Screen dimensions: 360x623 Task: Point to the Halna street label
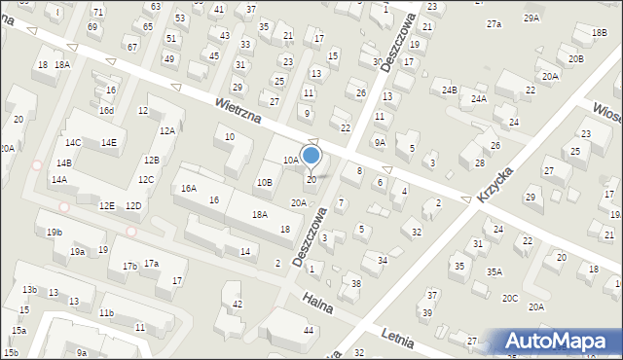point(317,303)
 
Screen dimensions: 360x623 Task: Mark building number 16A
point(188,189)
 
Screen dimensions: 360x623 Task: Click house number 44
point(309,331)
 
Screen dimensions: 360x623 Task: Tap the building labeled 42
point(238,305)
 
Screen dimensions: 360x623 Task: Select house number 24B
point(449,90)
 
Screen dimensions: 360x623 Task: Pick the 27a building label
point(494,23)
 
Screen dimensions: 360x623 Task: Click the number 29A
point(531,18)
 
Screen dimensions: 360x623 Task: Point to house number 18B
point(598,32)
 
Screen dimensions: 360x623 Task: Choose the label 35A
point(495,272)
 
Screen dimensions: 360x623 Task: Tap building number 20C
point(510,298)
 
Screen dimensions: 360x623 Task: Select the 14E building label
point(108,143)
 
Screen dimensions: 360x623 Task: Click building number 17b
point(128,266)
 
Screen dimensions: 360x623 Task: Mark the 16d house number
point(106,111)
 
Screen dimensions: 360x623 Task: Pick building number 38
point(356,283)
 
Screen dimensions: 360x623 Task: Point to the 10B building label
point(264,182)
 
